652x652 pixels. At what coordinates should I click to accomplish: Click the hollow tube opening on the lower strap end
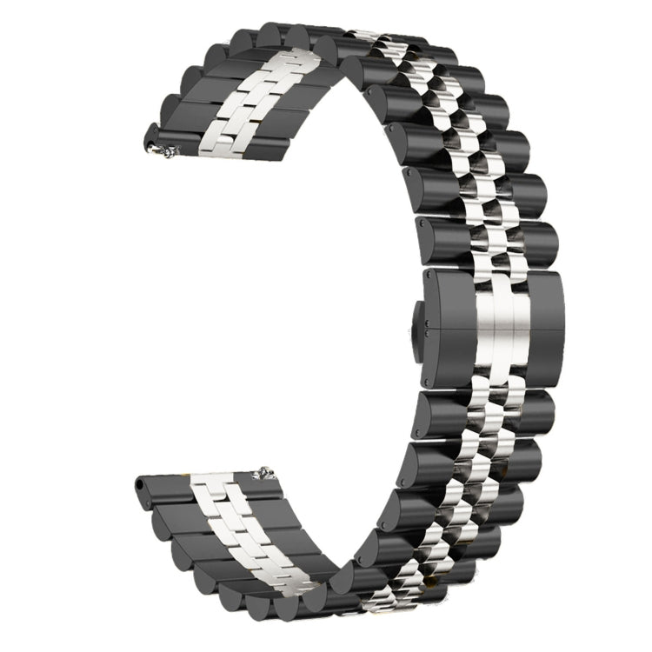(x=141, y=483)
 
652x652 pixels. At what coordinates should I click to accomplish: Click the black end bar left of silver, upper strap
(x=174, y=139)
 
